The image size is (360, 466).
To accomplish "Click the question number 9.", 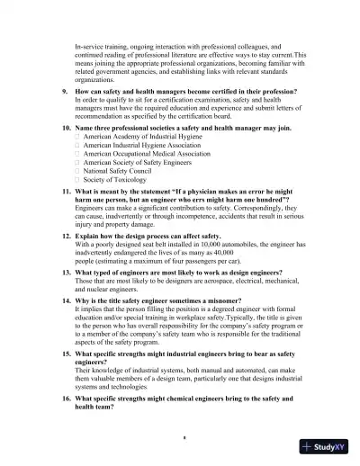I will click(x=65, y=92).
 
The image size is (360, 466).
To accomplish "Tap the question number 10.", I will click(x=66, y=129).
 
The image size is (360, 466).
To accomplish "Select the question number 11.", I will click(x=66, y=193).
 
